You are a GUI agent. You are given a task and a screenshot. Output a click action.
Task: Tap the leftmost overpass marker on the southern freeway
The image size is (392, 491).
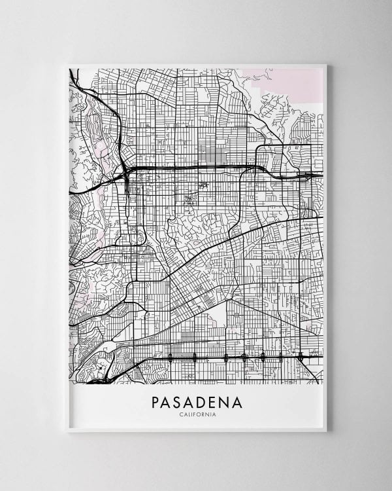click(x=171, y=357)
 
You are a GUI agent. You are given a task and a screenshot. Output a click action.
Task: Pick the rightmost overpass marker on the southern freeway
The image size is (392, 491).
click(x=301, y=357)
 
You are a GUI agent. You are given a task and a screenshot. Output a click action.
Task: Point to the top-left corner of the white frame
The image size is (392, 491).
click(x=67, y=64)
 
